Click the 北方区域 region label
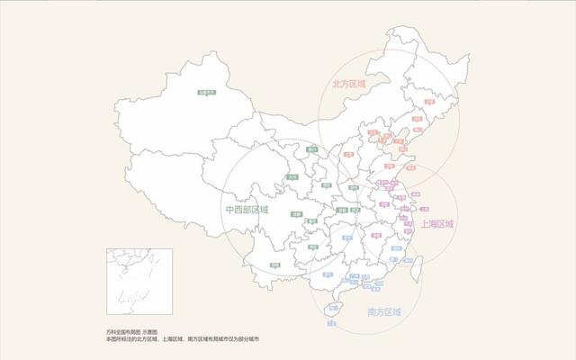coord(350,84)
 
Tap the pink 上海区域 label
coord(437,223)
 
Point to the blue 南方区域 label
coord(384,311)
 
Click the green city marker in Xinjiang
coord(210,91)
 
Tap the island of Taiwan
coord(417,266)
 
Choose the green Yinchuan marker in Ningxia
coord(311,149)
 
